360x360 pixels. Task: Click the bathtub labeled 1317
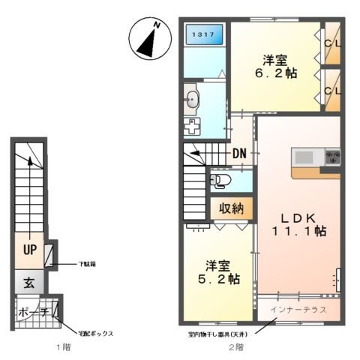tap(205, 34)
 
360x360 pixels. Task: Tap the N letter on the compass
tap(157, 25)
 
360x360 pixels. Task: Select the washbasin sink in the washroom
tap(192, 99)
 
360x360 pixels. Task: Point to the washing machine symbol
tap(192, 126)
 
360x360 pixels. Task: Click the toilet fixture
tap(220, 180)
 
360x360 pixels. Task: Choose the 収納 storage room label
tap(231, 208)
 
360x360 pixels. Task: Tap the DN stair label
tap(239, 153)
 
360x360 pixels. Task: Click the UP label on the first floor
tap(30, 249)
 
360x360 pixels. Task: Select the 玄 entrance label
tap(29, 283)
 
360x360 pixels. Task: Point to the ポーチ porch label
tap(34, 313)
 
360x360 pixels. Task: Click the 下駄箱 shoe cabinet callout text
tap(87, 264)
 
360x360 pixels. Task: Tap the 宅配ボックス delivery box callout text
tap(95, 334)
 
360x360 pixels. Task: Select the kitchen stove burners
tap(333, 157)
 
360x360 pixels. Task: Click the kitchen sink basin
tap(304, 157)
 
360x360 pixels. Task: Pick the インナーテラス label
tap(298, 310)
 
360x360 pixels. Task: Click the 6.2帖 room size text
tap(276, 73)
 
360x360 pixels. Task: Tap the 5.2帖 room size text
tap(219, 279)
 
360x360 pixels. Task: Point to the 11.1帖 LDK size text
tap(299, 231)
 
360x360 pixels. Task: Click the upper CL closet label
tap(332, 43)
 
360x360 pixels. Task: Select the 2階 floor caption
tap(236, 347)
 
